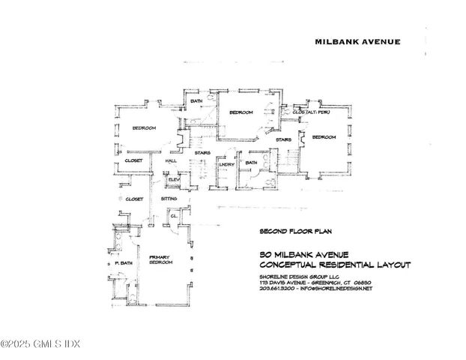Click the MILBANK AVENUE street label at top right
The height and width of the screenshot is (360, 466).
click(357, 43)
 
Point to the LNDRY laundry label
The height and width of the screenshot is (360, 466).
click(227, 164)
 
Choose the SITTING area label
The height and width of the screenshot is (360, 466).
click(169, 199)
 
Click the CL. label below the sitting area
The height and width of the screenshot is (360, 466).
click(173, 215)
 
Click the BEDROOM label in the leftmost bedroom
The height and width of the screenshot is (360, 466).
click(144, 128)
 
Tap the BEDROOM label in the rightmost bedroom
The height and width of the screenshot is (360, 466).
click(324, 137)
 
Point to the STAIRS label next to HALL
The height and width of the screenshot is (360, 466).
click(202, 154)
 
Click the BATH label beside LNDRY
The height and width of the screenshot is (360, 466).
click(251, 163)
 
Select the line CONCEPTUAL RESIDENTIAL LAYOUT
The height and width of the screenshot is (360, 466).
click(325, 265)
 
